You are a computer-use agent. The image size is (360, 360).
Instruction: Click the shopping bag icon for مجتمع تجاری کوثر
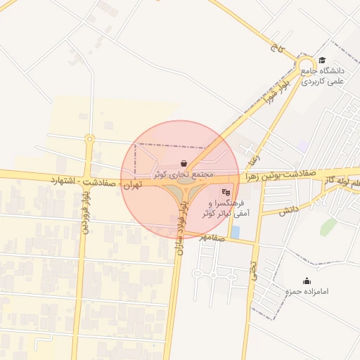[x=184, y=164]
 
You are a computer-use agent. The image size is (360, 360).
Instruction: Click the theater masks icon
[x=226, y=191]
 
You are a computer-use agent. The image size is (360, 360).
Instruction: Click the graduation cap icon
[x=322, y=60]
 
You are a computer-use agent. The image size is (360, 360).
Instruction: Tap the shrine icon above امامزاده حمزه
[x=307, y=281]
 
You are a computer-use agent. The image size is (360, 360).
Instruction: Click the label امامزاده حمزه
[x=307, y=291]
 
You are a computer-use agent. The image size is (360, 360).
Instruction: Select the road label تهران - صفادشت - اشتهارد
[x=96, y=183]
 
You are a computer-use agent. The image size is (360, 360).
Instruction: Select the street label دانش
[x=289, y=210]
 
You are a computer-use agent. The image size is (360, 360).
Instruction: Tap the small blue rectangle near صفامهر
[x=235, y=231]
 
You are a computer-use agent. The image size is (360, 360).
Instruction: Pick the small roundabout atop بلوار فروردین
[x=89, y=139]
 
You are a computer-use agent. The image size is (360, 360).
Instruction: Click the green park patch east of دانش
[x=328, y=226]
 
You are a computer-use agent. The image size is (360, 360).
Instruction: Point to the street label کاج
[x=275, y=50]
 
